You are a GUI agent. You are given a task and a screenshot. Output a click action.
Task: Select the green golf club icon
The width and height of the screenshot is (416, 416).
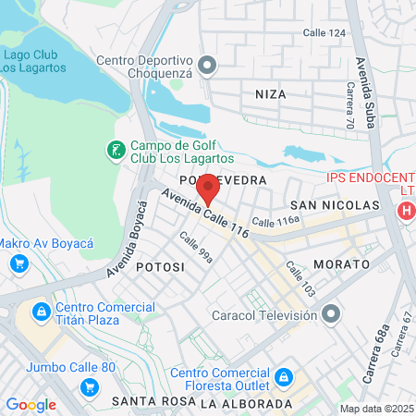click(x=115, y=149)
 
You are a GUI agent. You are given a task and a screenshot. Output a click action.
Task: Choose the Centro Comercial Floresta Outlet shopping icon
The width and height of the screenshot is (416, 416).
click(x=284, y=377)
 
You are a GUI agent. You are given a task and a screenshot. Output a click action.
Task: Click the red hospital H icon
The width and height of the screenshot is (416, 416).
click(x=405, y=211)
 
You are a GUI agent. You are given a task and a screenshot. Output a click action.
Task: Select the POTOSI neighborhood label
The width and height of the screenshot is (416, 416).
click(x=160, y=266)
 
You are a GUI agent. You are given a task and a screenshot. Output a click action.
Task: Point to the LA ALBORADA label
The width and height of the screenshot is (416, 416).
click(x=245, y=404)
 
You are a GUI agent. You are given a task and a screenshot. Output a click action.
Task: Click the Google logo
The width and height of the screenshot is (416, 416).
click(x=31, y=404)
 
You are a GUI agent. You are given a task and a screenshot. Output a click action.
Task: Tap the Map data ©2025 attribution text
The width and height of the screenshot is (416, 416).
click(x=375, y=409)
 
